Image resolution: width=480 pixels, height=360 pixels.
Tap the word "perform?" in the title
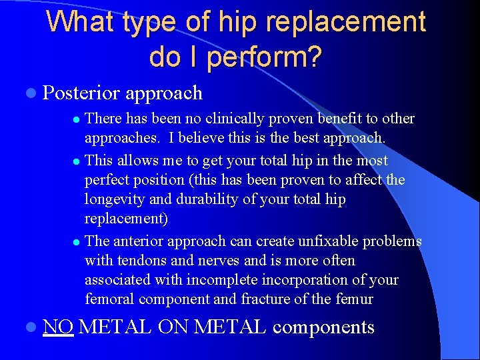(264, 57)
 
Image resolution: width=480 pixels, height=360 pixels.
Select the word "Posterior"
(81, 93)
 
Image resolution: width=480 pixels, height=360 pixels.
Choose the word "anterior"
(140, 241)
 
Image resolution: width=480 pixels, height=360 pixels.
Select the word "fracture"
(267, 299)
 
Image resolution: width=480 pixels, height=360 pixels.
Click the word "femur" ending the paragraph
(353, 299)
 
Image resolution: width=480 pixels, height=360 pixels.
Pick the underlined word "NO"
(58, 327)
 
